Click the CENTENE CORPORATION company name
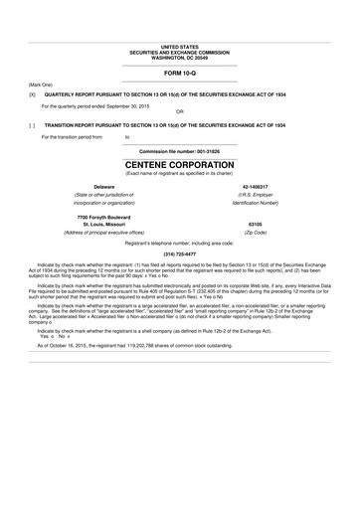(x=179, y=162)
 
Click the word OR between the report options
(x=179, y=109)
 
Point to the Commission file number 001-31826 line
(x=179, y=150)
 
